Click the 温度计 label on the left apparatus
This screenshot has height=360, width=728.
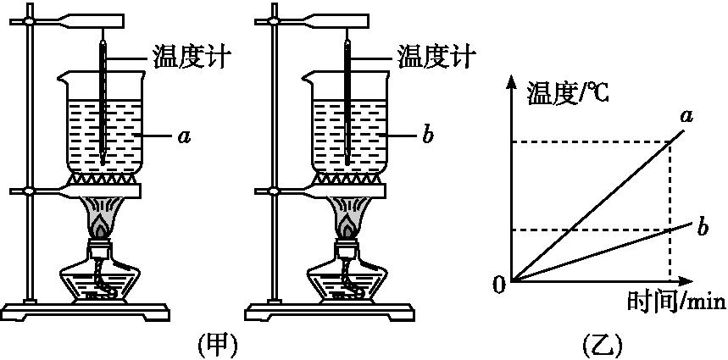[x=192, y=57]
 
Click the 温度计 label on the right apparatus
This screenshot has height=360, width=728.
[x=436, y=57]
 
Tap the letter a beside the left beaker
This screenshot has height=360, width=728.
[x=183, y=135]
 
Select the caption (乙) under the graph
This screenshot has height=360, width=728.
[x=603, y=345]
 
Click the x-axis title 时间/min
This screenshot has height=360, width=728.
[x=675, y=301]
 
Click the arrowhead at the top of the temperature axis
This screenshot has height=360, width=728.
[x=511, y=81]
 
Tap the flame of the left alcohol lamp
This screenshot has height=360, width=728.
[x=101, y=225]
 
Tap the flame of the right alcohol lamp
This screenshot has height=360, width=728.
[x=345, y=225]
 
